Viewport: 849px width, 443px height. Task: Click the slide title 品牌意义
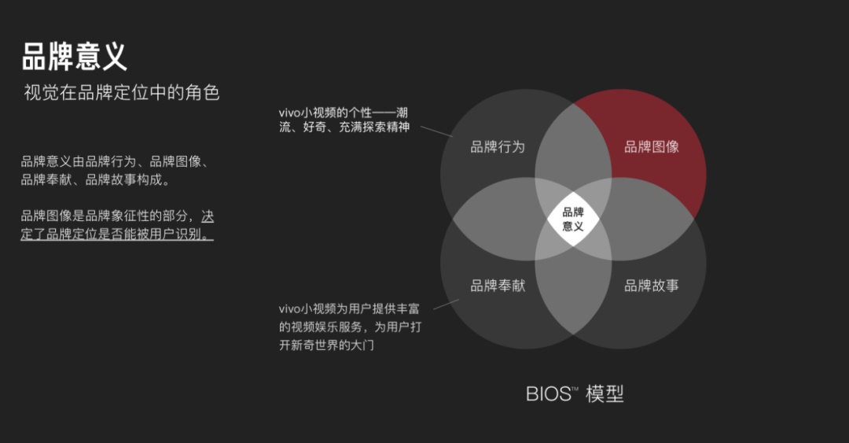tap(74, 56)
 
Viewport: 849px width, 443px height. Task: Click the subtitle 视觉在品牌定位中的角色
tap(122, 93)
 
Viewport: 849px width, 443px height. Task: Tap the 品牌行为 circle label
tap(497, 146)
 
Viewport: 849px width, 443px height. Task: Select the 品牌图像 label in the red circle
tap(652, 146)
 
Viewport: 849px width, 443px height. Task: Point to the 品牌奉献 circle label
tap(497, 286)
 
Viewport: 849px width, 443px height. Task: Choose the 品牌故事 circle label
tap(652, 286)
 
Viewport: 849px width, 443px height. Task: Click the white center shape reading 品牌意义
tap(573, 218)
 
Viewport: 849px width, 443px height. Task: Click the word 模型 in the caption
tap(605, 394)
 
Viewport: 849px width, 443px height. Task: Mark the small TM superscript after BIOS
tap(575, 389)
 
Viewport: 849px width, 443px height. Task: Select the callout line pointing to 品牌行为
tap(436, 131)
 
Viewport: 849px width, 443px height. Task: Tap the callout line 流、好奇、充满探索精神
tap(344, 127)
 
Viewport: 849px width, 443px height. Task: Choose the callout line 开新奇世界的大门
tap(326, 345)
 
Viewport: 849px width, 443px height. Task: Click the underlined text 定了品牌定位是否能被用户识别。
tap(117, 234)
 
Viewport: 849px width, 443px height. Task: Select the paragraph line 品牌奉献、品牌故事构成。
tap(95, 180)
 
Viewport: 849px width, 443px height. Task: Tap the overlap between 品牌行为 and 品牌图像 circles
tap(573, 146)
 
